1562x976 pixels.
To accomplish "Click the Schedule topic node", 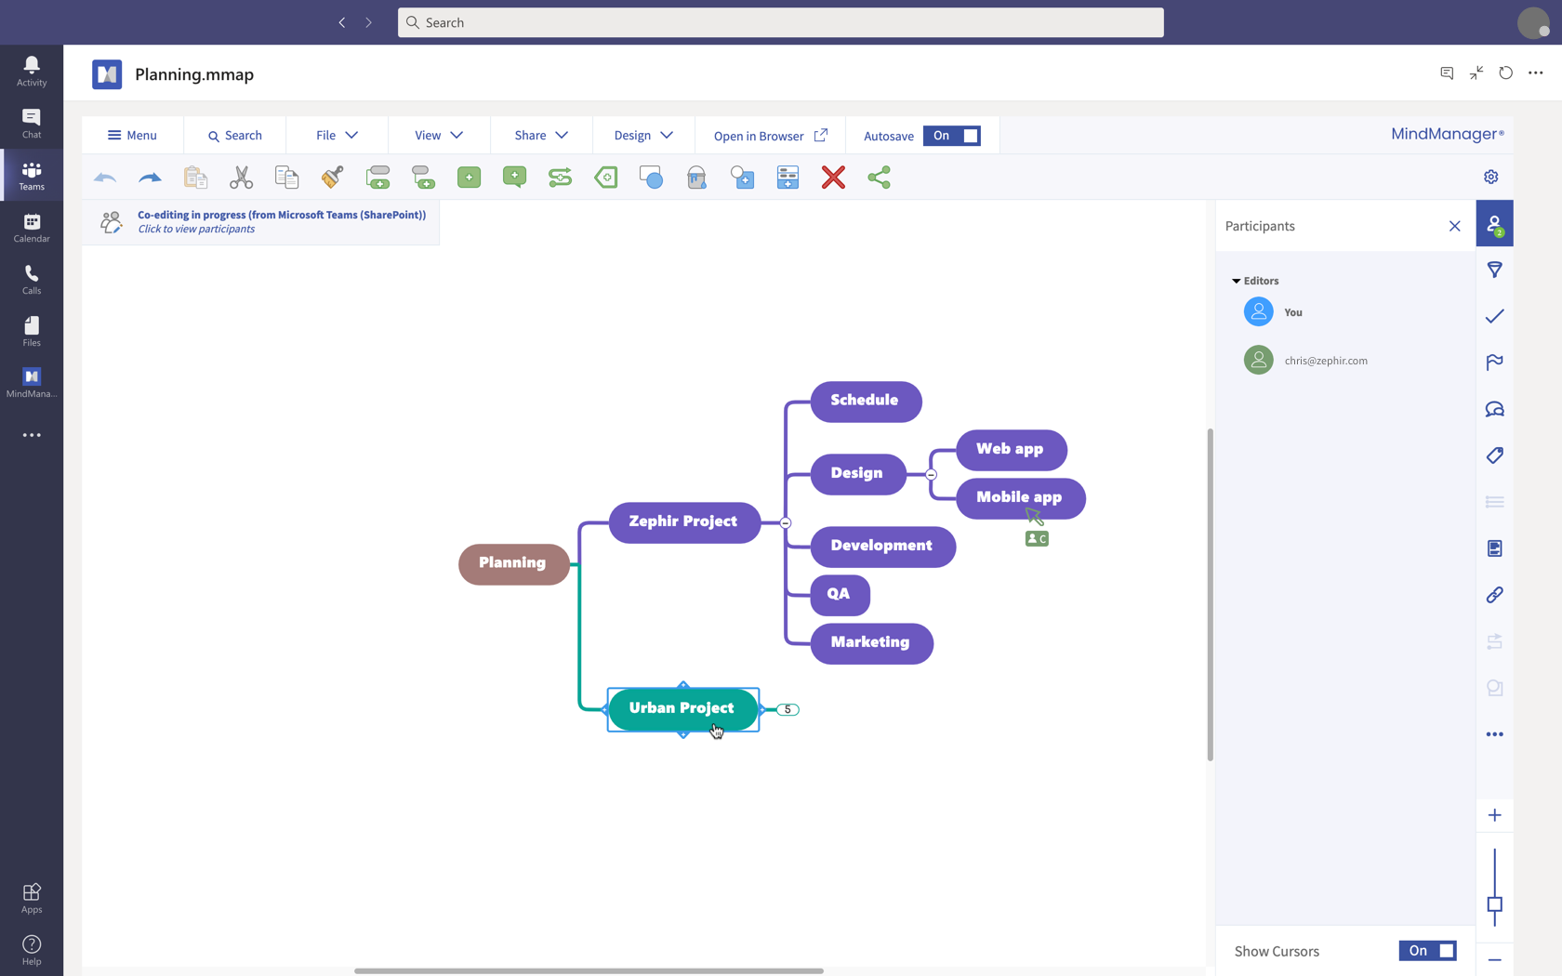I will pos(865,401).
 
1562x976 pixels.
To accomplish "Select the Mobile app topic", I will pos(1019,497).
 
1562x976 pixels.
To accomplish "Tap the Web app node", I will pos(1010,449).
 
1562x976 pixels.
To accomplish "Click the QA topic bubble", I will pos(839,594).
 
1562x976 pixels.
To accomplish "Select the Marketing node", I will pos(870,642).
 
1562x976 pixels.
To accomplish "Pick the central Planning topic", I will pos(512,563).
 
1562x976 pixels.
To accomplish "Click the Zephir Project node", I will pos(683,521).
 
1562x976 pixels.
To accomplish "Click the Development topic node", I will pos(881,546).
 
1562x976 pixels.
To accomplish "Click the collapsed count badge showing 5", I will pos(788,709).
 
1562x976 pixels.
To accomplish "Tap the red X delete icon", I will pos(833,177).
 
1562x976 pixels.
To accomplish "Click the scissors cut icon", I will pos(241,177).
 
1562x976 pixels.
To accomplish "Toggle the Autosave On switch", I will pos(951,136).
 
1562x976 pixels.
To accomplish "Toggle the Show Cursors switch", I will pos(1427,951).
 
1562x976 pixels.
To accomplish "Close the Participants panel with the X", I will pos(1454,226).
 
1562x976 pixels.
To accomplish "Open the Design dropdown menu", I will pos(642,136).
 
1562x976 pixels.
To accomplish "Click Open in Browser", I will pos(770,136).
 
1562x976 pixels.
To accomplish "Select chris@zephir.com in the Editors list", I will pos(1325,361).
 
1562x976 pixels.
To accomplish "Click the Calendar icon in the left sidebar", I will pos(32,227).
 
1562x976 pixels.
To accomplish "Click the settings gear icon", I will pos(1491,177).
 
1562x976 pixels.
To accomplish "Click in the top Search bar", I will pos(781,22).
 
